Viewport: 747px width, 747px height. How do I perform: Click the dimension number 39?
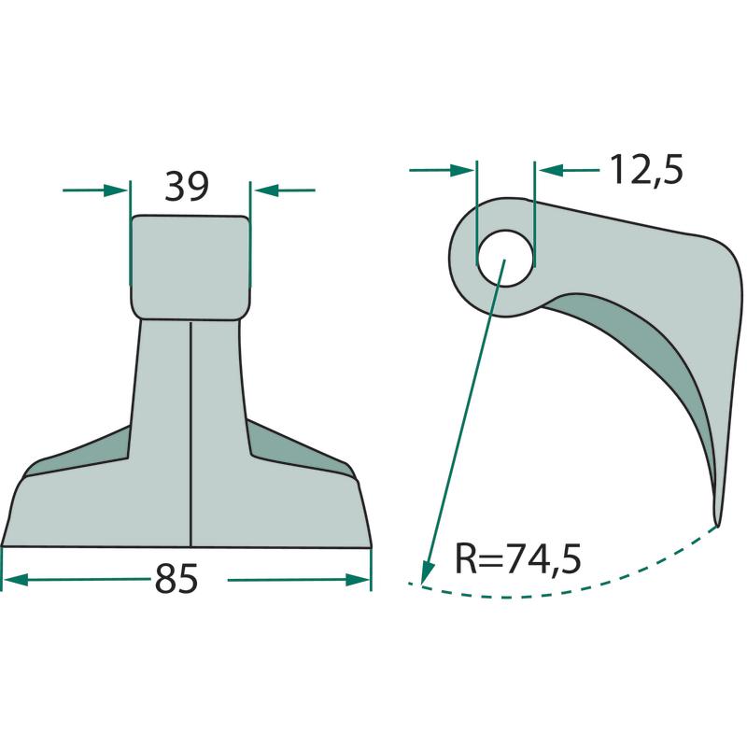(186, 186)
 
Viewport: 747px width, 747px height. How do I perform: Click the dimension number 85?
(176, 579)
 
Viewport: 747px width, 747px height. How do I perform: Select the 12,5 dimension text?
(646, 169)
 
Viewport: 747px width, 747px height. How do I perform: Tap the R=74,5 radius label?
(518, 558)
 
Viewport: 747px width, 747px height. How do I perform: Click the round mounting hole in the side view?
(505, 259)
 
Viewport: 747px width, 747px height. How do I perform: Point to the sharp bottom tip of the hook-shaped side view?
(716, 526)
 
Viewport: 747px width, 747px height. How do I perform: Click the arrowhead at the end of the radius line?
(427, 571)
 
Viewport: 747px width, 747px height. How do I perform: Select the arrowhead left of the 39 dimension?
(116, 190)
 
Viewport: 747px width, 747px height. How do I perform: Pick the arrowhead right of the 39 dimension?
(266, 190)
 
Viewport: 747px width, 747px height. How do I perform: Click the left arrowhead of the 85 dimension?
(15, 580)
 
